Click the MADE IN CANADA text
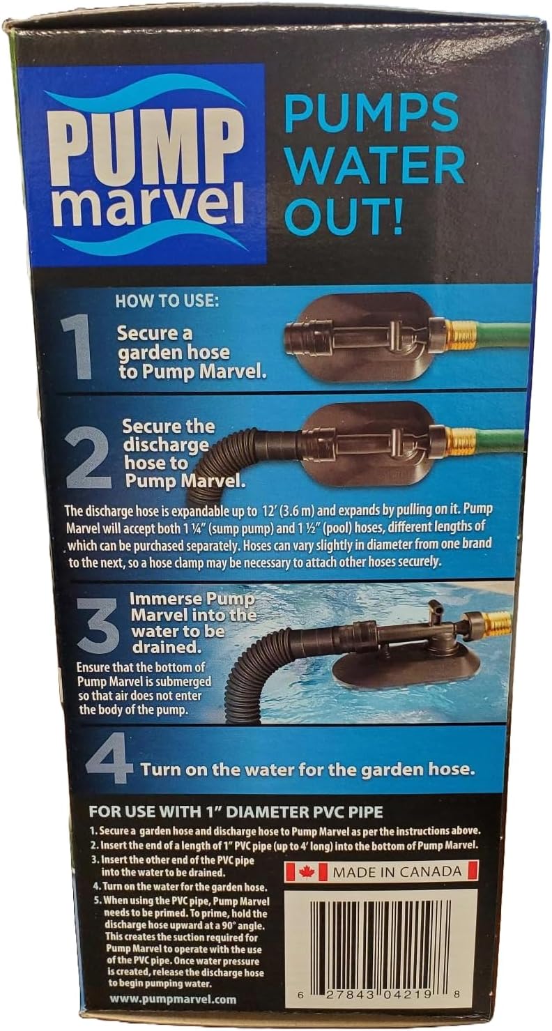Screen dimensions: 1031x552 coord(397,871)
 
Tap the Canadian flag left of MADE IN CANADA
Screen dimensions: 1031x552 coord(302,871)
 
